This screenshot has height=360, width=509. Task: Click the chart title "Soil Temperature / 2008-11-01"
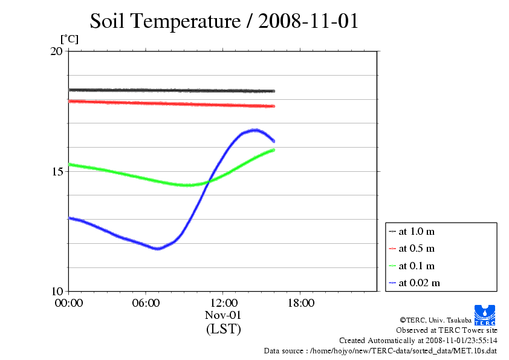click(224, 21)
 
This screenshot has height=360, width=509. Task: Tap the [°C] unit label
click(69, 39)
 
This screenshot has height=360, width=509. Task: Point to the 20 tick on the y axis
click(56, 51)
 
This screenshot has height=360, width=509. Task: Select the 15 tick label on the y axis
click(56, 171)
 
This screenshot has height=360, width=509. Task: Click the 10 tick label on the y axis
click(56, 292)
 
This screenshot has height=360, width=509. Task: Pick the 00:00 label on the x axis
click(68, 303)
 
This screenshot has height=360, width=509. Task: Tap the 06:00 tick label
click(146, 303)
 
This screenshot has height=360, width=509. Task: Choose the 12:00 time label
click(223, 303)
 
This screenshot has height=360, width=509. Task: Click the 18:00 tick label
click(300, 303)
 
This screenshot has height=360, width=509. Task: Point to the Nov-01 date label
click(223, 315)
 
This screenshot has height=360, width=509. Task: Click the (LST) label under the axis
click(223, 330)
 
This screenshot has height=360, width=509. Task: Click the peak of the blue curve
click(256, 129)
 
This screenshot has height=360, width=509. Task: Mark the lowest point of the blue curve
click(158, 249)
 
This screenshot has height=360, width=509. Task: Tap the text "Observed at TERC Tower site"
click(447, 330)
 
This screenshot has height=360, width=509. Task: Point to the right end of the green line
click(274, 149)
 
